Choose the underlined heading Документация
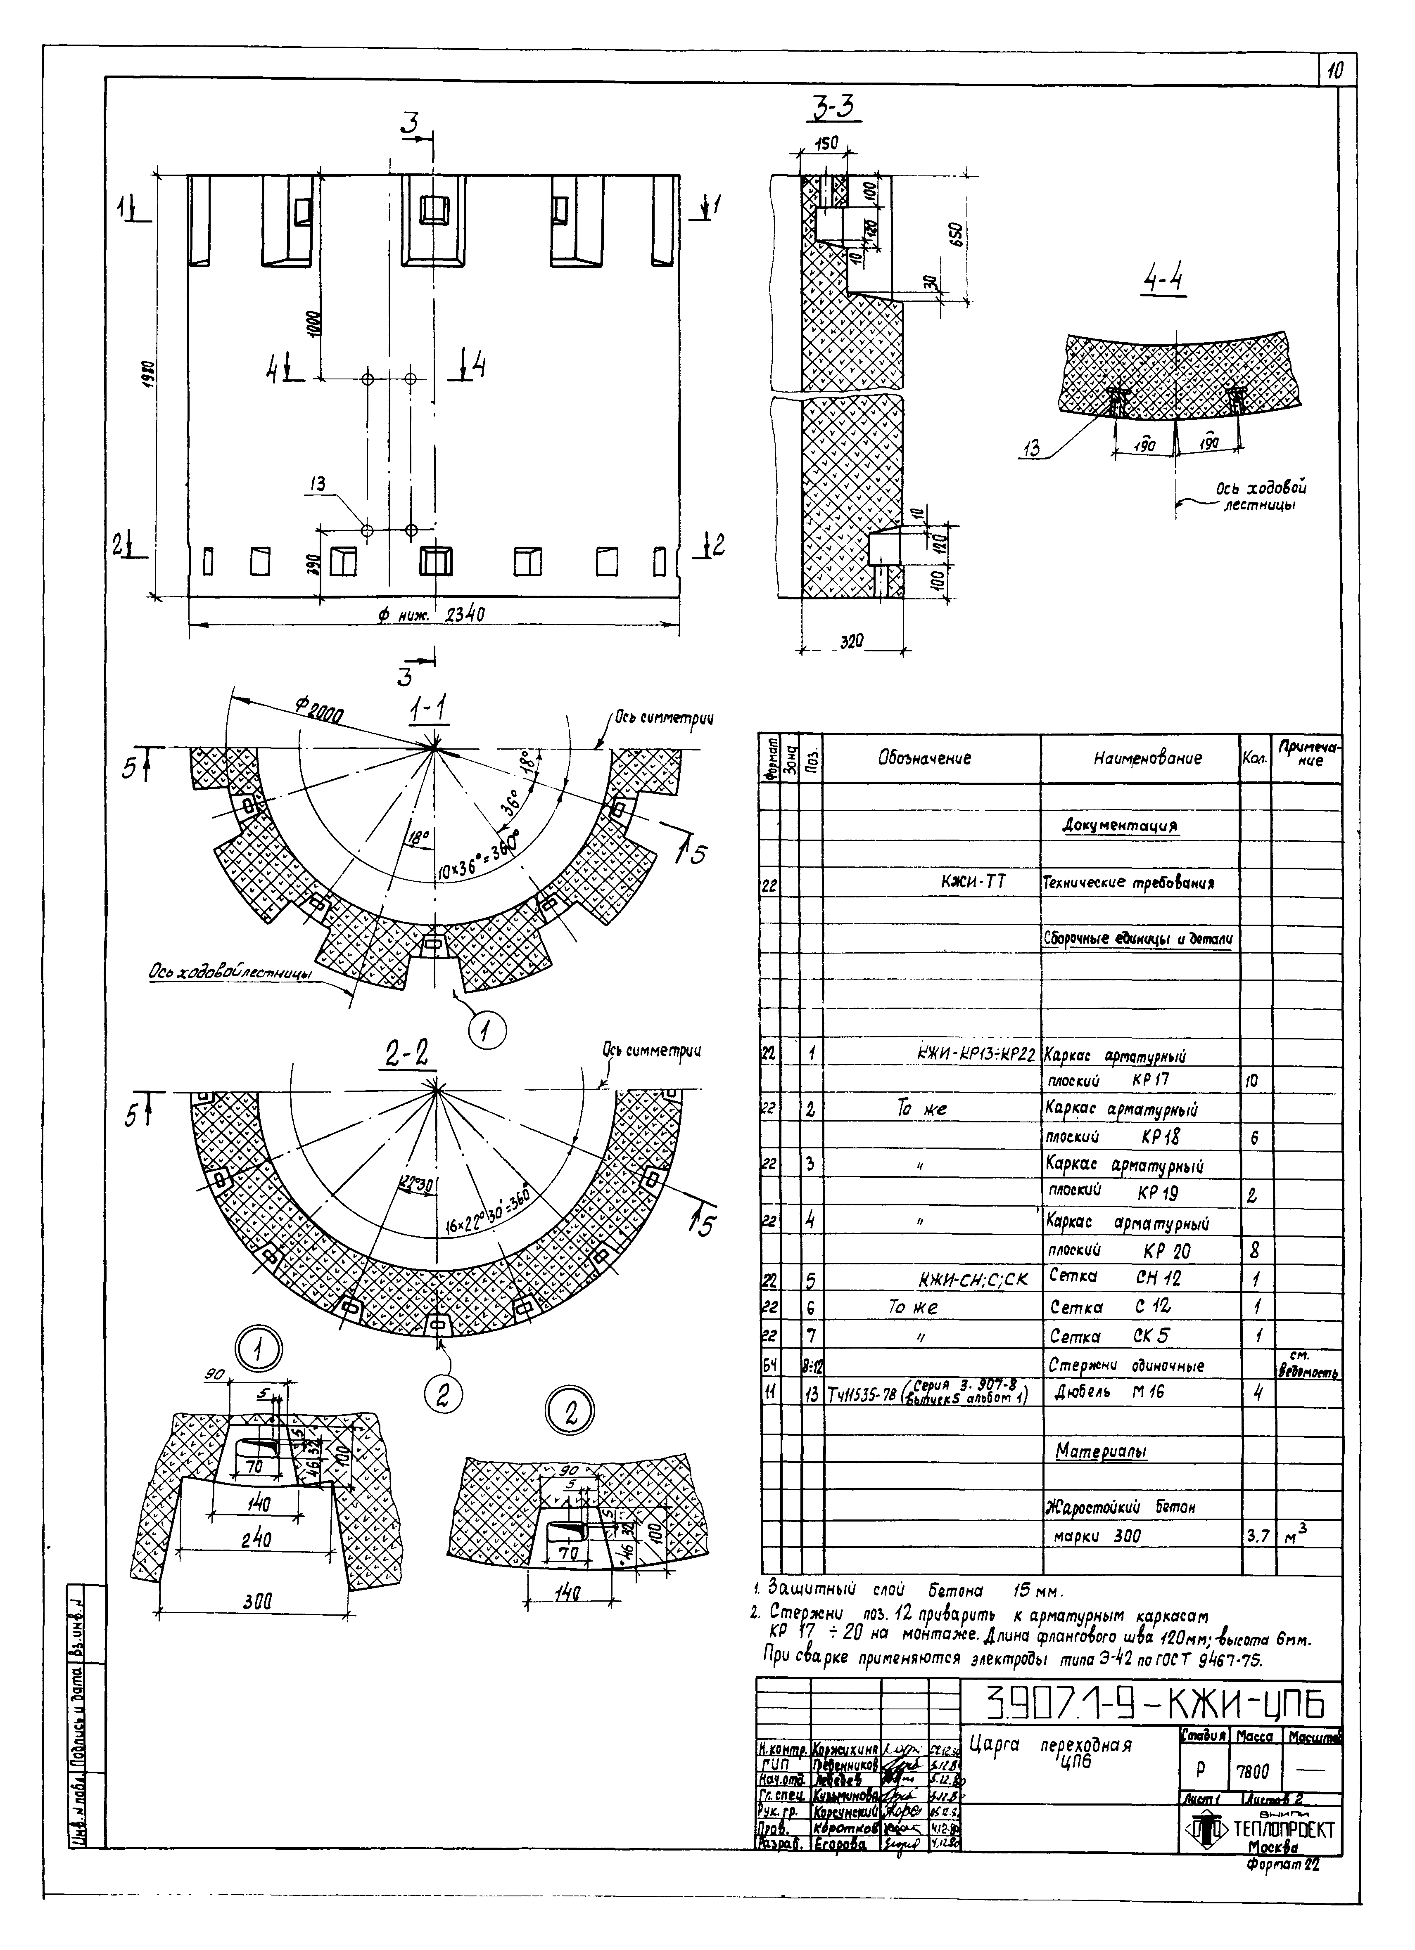(1120, 826)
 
